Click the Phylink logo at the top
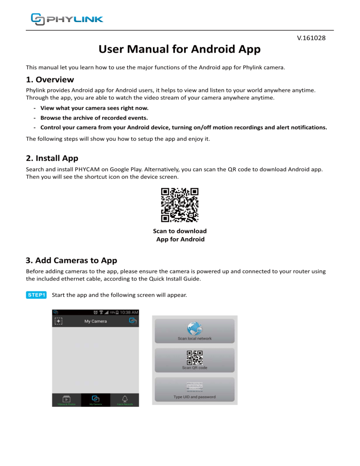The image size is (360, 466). click(x=67, y=19)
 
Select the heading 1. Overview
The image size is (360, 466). click(x=50, y=80)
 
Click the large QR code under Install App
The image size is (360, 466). click(x=180, y=205)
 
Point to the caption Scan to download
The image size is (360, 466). click(x=180, y=231)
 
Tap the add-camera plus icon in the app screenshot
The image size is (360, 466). click(x=59, y=321)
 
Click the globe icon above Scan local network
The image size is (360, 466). click(x=194, y=328)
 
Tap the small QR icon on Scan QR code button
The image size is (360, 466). click(x=194, y=358)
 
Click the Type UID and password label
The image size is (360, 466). click(x=194, y=397)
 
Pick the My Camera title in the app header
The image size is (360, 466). click(x=96, y=321)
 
